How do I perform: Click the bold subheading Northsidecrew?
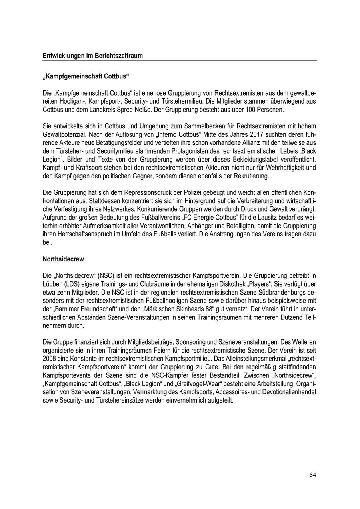[x=63, y=259]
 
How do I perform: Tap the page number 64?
[x=312, y=475]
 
